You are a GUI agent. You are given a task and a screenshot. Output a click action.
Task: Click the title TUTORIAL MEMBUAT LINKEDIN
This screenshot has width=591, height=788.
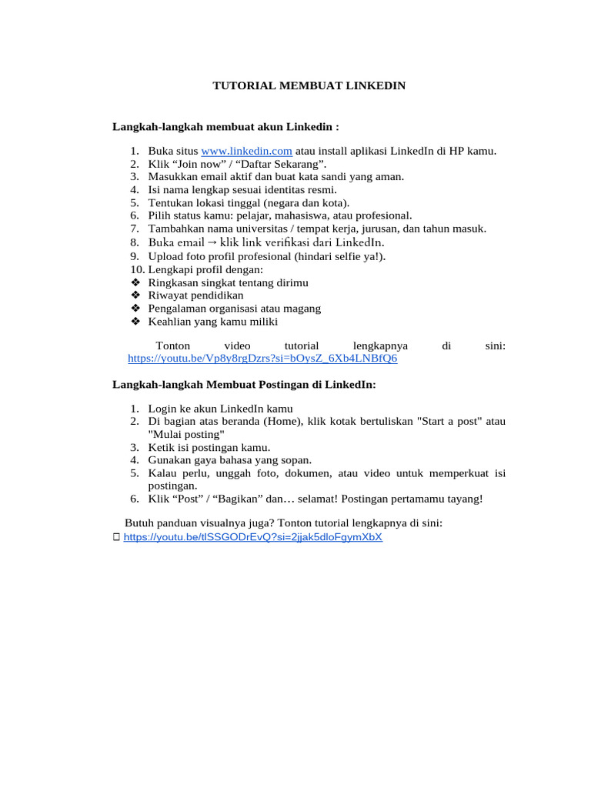[309, 86]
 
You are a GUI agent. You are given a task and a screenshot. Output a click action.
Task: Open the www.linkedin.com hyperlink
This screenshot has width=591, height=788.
[246, 151]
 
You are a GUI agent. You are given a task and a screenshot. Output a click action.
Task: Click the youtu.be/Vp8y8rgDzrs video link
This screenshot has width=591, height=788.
[262, 359]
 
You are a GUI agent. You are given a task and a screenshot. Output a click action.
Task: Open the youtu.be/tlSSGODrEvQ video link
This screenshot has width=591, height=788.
[252, 537]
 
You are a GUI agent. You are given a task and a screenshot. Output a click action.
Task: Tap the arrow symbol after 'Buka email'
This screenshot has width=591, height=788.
[212, 242]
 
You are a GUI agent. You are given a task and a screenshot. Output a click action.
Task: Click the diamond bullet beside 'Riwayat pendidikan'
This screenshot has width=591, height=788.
[135, 295]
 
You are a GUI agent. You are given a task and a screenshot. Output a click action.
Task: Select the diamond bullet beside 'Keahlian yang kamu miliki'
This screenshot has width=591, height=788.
[135, 322]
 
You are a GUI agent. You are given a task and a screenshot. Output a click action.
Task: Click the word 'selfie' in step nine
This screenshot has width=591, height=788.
[342, 255]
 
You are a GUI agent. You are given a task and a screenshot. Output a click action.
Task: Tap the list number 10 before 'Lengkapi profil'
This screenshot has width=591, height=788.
[136, 269]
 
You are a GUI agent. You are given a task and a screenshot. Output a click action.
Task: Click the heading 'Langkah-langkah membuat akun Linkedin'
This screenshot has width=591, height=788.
[225, 125]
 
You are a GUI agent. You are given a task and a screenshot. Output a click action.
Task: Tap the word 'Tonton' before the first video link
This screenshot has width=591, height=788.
[172, 346]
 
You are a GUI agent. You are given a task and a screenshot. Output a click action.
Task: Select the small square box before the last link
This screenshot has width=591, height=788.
[116, 538]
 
